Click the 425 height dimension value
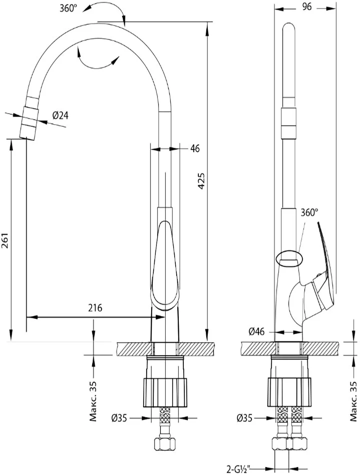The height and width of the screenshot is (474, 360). [x=202, y=181]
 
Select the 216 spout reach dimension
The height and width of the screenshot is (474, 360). [x=95, y=308]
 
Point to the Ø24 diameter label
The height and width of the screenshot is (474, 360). [x=60, y=115]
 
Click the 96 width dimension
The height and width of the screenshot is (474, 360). [x=306, y=7]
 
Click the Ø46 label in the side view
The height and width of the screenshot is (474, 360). [x=256, y=332]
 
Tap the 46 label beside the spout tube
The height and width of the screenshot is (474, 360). [x=195, y=148]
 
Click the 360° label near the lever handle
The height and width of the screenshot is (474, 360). [x=309, y=212]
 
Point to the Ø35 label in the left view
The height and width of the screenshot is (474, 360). [x=119, y=418]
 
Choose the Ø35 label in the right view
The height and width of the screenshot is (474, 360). [x=245, y=418]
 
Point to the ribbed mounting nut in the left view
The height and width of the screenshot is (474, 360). [x=165, y=392]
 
